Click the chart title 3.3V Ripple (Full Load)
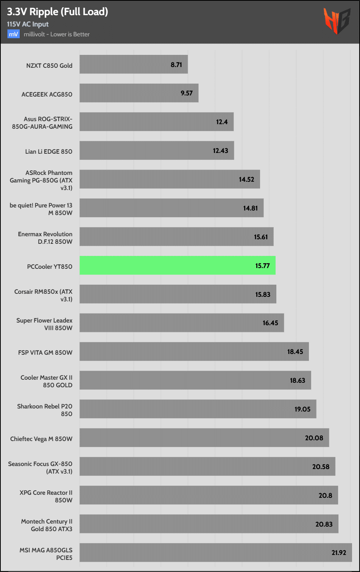58,12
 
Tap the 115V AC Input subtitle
28,24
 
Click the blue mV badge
13,34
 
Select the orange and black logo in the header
337,21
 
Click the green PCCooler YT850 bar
177,265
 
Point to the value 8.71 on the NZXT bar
176,65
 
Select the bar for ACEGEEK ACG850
139,93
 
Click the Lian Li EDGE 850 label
48,151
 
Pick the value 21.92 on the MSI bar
339,553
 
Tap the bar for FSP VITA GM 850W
194,352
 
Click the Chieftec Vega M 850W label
41,439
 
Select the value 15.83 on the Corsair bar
263,295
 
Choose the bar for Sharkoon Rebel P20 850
198,409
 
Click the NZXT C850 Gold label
49,65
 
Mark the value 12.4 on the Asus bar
222,122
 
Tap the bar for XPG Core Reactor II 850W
209,495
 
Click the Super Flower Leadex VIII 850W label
44,324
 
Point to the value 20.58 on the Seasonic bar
321,467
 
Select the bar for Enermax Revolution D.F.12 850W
176,237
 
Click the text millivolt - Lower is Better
57,34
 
